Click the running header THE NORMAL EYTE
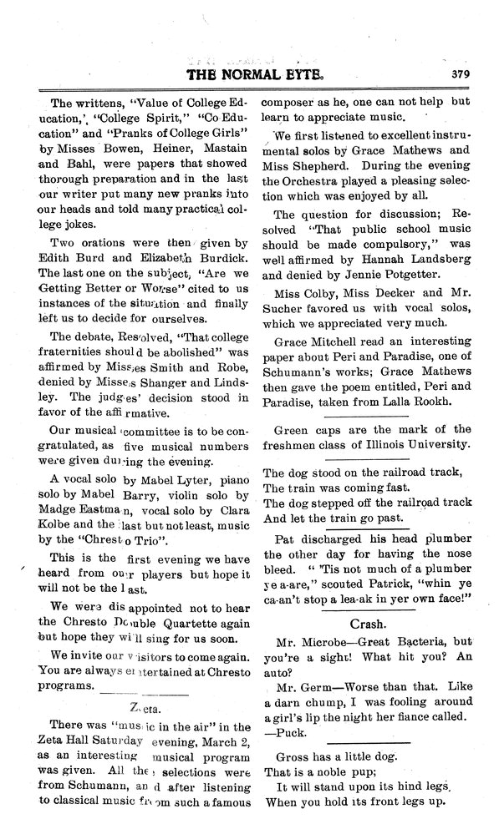(x=247, y=73)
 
